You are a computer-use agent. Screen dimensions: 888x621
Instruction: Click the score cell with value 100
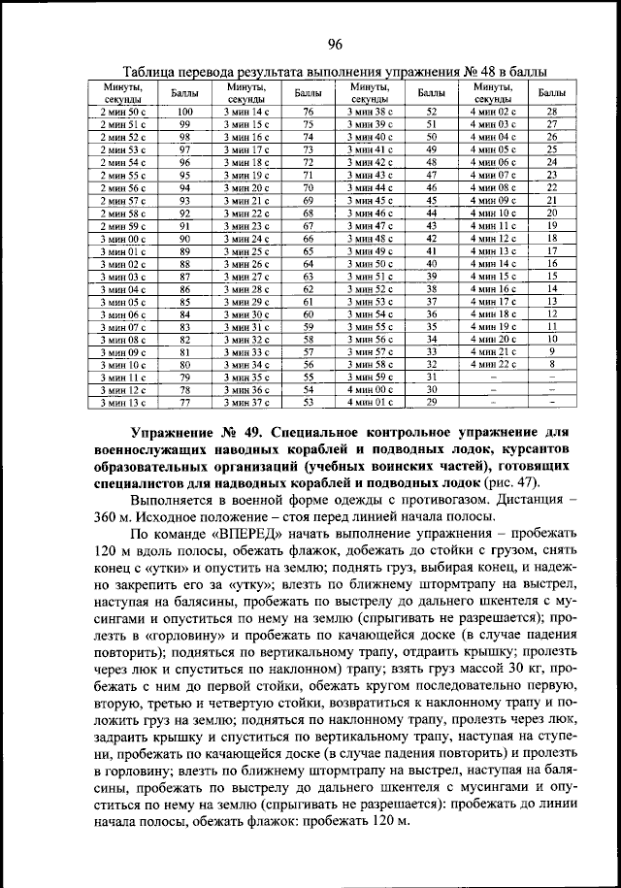click(x=184, y=112)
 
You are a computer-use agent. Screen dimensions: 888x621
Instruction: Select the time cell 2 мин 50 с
click(x=123, y=112)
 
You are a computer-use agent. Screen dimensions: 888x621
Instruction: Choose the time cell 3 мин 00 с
click(x=123, y=238)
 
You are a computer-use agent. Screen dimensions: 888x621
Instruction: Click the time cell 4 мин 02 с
click(x=493, y=112)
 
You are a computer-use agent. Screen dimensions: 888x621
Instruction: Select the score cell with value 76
click(x=309, y=112)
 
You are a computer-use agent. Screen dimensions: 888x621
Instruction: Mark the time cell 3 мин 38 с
click(x=370, y=112)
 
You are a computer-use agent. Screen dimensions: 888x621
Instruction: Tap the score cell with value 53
click(x=309, y=400)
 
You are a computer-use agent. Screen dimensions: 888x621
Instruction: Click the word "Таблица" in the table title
click(x=154, y=74)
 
